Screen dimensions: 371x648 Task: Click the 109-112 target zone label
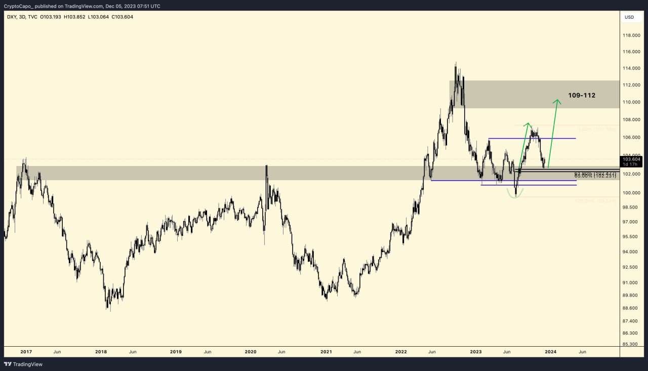pyautogui.click(x=581, y=95)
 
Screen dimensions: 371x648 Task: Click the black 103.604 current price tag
pyautogui.click(x=632, y=159)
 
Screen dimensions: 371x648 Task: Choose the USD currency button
pyautogui.click(x=629, y=17)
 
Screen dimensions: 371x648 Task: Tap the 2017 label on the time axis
pyautogui.click(x=26, y=351)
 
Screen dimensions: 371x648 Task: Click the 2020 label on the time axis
pyautogui.click(x=251, y=351)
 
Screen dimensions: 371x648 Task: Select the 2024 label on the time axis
pyautogui.click(x=550, y=351)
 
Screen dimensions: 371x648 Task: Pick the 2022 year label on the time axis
pyautogui.click(x=401, y=351)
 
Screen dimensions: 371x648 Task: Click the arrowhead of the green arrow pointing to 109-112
pyautogui.click(x=557, y=101)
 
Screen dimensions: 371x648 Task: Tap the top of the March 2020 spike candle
pyautogui.click(x=266, y=166)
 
